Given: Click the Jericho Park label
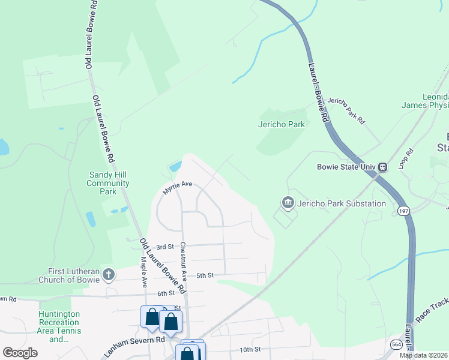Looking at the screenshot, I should tap(282, 125).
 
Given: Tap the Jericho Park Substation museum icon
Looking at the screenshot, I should tap(288, 203).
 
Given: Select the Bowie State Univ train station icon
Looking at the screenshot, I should tap(382, 167).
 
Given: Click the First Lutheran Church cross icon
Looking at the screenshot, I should tap(108, 275).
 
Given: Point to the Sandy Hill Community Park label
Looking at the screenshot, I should tap(109, 183).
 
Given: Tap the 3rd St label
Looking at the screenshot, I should tap(164, 247).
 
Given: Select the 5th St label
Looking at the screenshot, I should tap(205, 275).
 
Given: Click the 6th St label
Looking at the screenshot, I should tap(166, 293).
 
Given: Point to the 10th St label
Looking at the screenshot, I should tap(250, 349).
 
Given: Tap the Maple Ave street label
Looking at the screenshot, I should tap(144, 271).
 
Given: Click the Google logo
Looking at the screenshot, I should tap(20, 353).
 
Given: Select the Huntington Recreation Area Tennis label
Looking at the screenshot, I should tap(59, 326).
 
